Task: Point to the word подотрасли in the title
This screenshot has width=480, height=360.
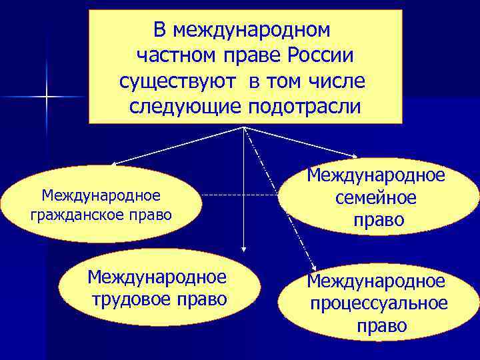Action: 303,106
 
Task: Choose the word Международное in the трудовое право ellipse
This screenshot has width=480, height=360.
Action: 157,276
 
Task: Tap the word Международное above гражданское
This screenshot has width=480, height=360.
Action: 101,195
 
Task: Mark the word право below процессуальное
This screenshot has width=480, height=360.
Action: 381,326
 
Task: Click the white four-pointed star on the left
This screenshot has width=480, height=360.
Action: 47,98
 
